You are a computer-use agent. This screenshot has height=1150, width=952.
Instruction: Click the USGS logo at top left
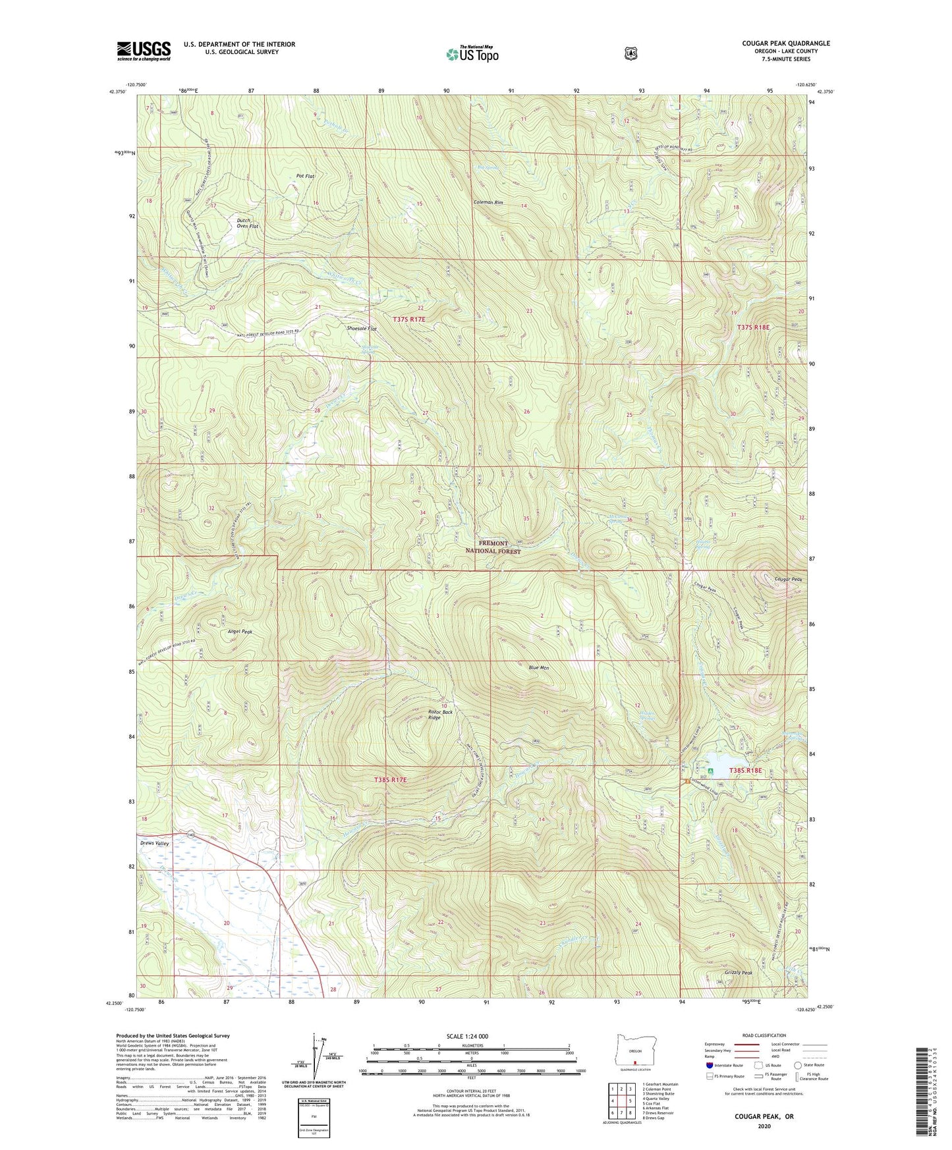click(144, 51)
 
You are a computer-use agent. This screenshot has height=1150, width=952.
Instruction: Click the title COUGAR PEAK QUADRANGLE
click(785, 43)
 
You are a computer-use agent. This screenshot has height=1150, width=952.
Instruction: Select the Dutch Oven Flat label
click(248, 223)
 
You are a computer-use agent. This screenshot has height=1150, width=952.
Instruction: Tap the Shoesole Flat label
click(362, 328)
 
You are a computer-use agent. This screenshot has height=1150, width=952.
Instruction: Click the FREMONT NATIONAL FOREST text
click(493, 547)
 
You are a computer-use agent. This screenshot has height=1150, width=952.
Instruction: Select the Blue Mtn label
click(538, 668)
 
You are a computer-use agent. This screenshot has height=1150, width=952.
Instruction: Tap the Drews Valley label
click(154, 843)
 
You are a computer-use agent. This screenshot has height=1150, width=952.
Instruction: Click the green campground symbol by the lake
click(710, 771)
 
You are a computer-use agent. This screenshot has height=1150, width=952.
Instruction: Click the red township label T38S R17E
click(390, 780)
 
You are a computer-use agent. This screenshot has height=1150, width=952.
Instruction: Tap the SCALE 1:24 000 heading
click(467, 1037)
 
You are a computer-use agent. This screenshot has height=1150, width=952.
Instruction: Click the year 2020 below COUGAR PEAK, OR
click(764, 1126)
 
